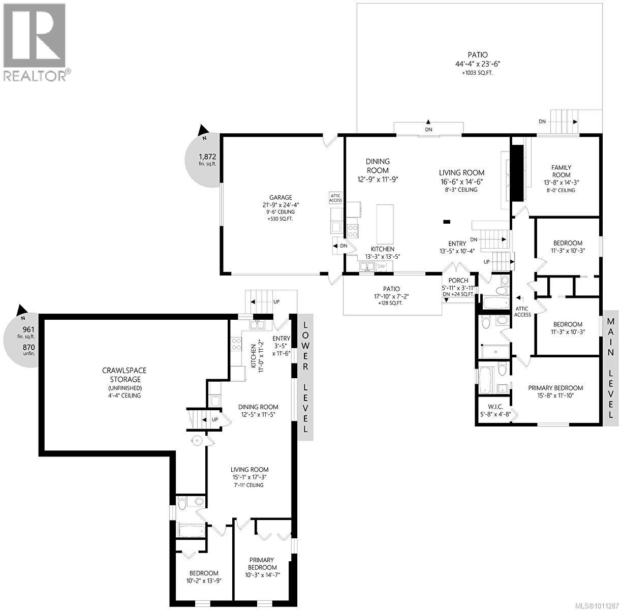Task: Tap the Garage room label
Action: [281, 198]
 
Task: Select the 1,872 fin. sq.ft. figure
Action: [207, 156]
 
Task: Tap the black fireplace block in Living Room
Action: [517, 173]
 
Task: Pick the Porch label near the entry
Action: [458, 281]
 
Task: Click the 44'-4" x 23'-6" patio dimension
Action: [477, 64]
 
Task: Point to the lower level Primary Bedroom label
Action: [262, 564]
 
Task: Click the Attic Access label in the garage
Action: [336, 198]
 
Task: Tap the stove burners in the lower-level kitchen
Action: [236, 345]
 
